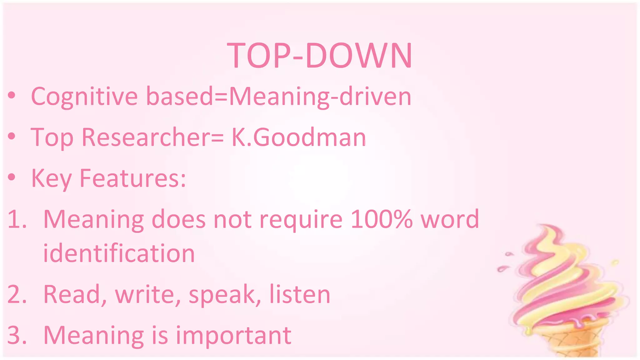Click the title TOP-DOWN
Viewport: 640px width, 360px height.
pos(319,56)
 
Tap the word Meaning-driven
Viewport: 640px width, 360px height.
pos(320,97)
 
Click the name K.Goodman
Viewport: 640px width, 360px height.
pos(298,137)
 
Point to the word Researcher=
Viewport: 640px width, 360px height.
pos(152,137)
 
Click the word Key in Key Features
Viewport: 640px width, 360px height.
pos(51,178)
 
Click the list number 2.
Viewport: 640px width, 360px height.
pos(16,294)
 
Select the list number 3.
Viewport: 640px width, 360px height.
pos(16,335)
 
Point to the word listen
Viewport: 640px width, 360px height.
pos(300,294)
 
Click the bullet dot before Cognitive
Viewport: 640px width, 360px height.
pos(12,95)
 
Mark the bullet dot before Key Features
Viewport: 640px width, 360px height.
pos(12,177)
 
